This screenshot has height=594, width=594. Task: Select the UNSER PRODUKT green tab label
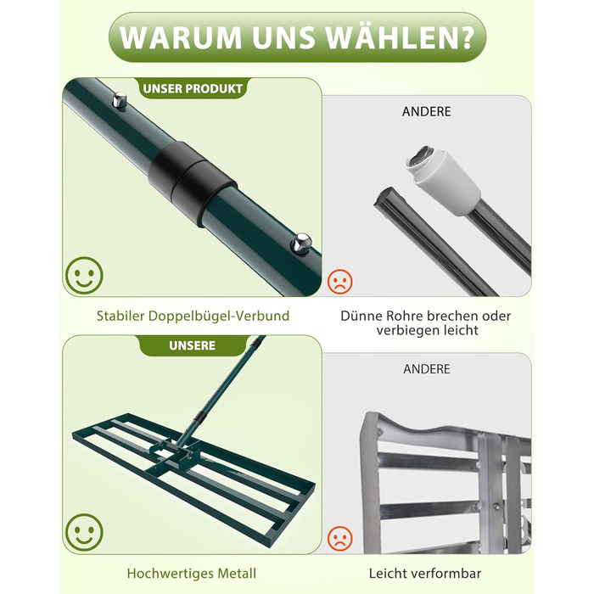[x=193, y=88]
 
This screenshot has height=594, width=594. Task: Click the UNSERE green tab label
[x=192, y=345]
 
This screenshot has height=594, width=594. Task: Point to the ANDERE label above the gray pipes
[x=427, y=112]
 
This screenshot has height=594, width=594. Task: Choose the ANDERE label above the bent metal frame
[x=427, y=369]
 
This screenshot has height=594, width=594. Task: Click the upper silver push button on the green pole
[x=120, y=100]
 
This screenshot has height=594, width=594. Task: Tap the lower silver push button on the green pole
[x=301, y=244]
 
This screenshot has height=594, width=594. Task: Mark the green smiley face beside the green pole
[x=84, y=276]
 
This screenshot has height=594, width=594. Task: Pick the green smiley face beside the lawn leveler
[x=84, y=532]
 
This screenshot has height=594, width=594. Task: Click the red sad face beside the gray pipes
[x=339, y=282]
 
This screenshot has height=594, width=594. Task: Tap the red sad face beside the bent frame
[x=339, y=538]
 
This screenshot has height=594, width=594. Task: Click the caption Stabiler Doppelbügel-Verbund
[x=193, y=316]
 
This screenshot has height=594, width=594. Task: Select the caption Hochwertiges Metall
[x=192, y=573]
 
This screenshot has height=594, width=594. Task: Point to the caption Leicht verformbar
[x=425, y=573]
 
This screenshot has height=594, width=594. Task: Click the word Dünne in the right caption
[x=361, y=316]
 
